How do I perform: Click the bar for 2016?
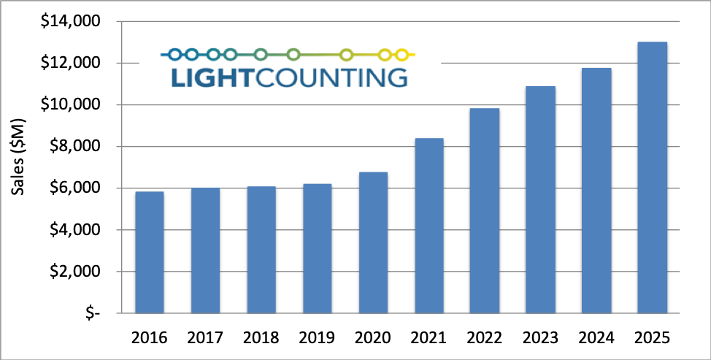coord(149,252)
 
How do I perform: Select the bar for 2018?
coord(261,250)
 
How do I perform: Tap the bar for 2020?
coord(373,242)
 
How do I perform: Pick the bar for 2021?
coord(428,226)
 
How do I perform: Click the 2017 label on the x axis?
coord(205,338)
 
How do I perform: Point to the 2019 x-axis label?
coord(317,338)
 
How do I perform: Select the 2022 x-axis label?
coord(485,338)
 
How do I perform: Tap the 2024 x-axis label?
coord(596,338)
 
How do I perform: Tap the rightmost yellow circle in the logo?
coord(401,54)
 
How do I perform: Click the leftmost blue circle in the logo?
coord(174,54)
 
